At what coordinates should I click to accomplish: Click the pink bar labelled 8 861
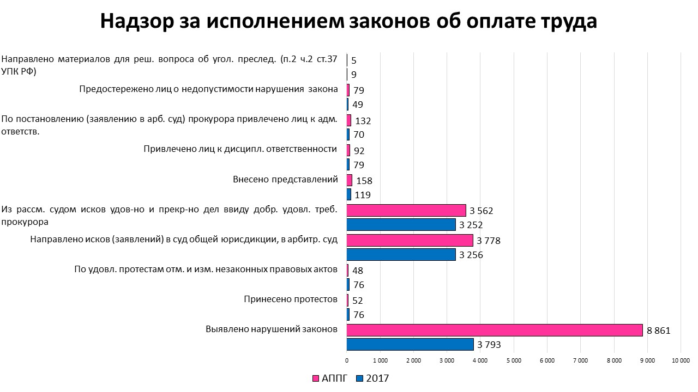tap(495, 330)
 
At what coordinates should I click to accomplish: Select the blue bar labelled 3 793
tap(410, 344)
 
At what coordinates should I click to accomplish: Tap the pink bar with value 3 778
tap(410, 240)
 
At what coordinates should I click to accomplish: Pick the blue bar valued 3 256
tap(401, 254)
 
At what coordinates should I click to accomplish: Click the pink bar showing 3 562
tap(406, 210)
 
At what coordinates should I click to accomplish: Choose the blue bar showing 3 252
tap(401, 224)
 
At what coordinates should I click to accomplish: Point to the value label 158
tap(364, 181)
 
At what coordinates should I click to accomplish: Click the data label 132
tap(363, 121)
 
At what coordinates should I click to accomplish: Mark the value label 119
tap(363, 195)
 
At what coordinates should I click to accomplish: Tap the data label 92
tap(359, 151)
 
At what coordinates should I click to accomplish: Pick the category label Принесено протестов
tap(290, 299)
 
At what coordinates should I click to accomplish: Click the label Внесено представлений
tap(285, 180)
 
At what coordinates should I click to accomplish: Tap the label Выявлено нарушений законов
tap(272, 329)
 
